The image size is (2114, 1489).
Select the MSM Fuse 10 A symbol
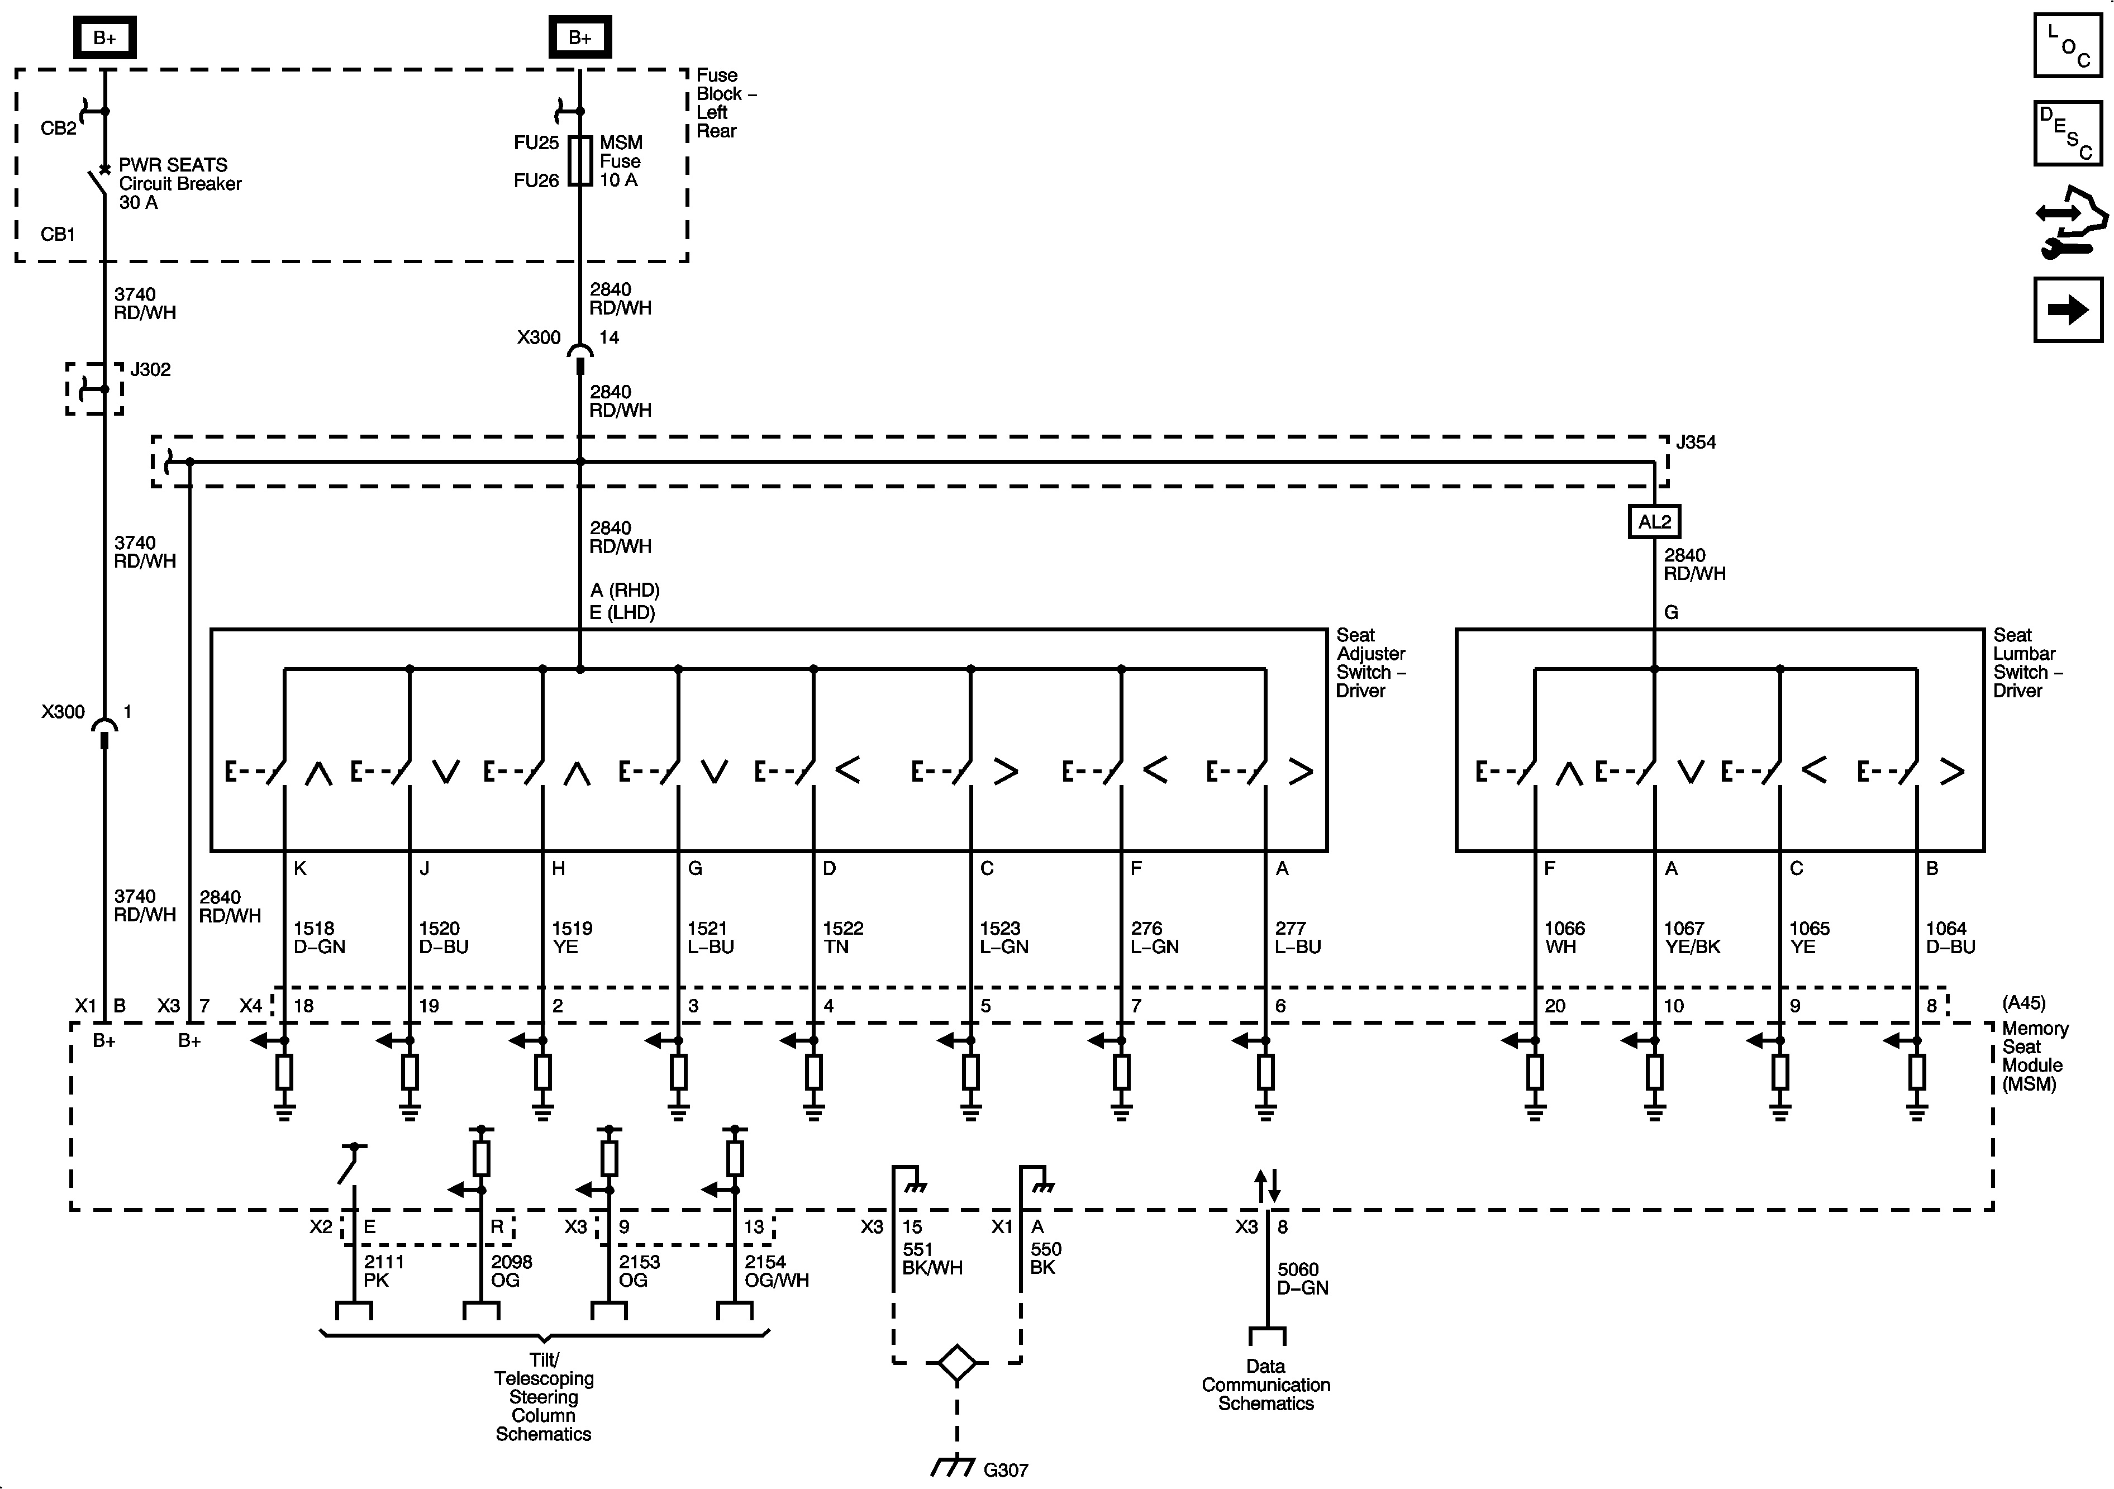[x=580, y=161]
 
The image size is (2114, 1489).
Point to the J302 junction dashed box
[x=94, y=389]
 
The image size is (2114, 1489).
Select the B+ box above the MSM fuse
[x=579, y=38]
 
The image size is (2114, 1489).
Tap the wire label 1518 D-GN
[x=318, y=938]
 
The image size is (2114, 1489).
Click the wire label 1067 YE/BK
[x=1692, y=938]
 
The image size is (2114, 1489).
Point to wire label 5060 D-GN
[x=1302, y=1278]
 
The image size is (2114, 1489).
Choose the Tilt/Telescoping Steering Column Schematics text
[x=543, y=1396]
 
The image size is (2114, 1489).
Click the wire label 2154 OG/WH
[x=776, y=1271]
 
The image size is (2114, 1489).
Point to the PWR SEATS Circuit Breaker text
[x=179, y=183]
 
